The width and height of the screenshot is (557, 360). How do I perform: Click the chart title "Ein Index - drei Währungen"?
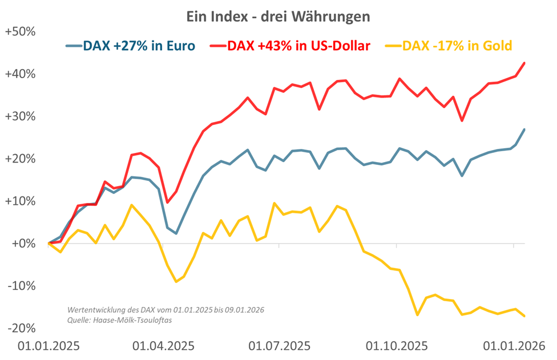(x=278, y=17)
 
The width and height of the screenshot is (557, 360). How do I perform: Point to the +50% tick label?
(x=21, y=32)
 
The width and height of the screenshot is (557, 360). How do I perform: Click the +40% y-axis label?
(x=21, y=74)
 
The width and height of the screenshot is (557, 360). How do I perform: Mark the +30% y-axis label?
(x=21, y=116)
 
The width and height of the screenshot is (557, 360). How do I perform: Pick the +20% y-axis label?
(x=21, y=159)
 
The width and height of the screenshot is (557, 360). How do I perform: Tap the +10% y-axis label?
(x=21, y=201)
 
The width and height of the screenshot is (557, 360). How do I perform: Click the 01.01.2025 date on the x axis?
(x=49, y=346)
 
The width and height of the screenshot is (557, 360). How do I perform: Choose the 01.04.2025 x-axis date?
(x=163, y=346)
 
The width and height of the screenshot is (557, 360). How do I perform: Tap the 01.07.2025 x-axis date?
(x=279, y=346)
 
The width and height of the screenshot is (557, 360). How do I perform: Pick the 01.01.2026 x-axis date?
(x=513, y=346)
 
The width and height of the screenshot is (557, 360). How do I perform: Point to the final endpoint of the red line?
(x=524, y=63)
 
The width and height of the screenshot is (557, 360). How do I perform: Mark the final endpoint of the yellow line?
(x=524, y=315)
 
